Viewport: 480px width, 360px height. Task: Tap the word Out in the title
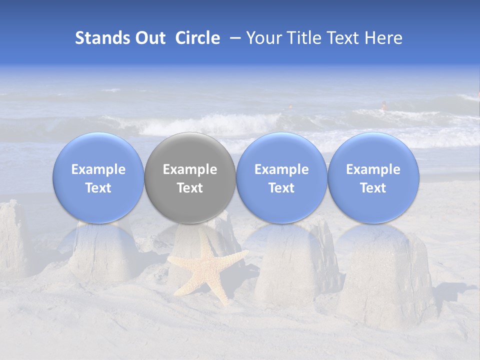tap(149, 38)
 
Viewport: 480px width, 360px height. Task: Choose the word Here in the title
tap(382, 38)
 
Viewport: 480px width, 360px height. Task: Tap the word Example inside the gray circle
tap(190, 169)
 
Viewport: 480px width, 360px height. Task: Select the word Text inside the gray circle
tap(190, 188)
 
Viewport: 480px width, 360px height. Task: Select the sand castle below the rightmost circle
tap(385, 280)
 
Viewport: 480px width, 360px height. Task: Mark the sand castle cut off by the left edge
tap(12, 240)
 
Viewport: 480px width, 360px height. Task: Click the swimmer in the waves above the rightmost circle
tap(384, 105)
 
